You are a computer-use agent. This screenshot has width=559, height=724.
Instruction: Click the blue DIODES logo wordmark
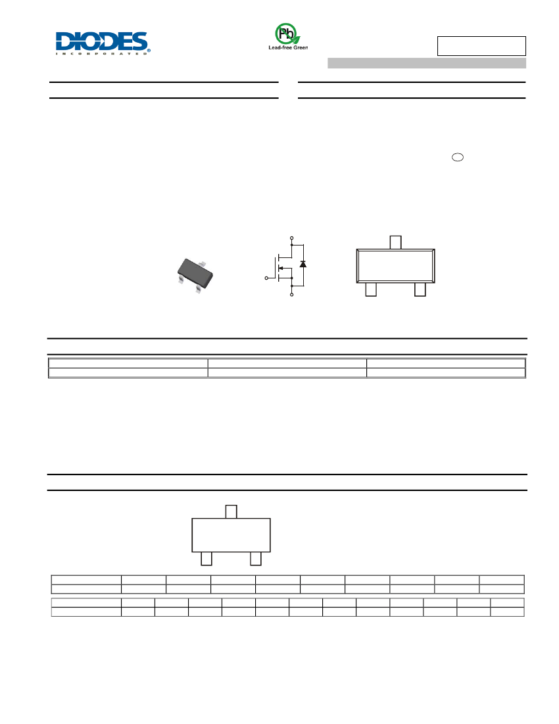tap(101, 41)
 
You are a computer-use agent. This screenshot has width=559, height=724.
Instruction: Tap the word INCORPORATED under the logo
tap(101, 53)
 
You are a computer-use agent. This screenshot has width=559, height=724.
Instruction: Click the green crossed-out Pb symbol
tap(287, 34)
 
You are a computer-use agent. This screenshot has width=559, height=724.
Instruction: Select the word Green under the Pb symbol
tap(300, 47)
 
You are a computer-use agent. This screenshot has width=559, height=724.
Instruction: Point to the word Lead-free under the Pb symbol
tap(279, 47)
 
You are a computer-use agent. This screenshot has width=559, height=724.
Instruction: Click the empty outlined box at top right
tap(481, 45)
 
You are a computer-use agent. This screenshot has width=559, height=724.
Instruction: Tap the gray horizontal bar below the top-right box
tap(427, 63)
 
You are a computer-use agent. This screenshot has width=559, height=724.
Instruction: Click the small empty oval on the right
tap(458, 157)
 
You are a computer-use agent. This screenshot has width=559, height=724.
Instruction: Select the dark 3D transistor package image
tap(195, 275)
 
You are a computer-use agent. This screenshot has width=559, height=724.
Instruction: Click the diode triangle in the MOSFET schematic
tap(303, 264)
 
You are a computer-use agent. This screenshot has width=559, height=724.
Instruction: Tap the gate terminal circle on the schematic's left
tap(266, 278)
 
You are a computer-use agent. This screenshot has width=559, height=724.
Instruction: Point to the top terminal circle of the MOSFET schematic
tap(291, 238)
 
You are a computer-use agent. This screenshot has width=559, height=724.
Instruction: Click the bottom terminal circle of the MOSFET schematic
tap(291, 294)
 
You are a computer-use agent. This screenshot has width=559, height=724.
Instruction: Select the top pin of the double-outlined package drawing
tap(395, 242)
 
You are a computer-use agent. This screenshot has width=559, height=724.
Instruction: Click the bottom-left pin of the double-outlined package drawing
tap(371, 290)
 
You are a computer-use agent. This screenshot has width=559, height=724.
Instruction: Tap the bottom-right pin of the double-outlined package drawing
tap(420, 290)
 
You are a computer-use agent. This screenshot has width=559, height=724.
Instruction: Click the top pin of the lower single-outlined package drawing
tap(231, 511)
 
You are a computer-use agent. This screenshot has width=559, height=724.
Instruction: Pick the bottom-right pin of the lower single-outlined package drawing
tap(256, 559)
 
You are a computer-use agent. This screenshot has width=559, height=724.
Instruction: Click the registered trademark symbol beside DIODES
tap(149, 49)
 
